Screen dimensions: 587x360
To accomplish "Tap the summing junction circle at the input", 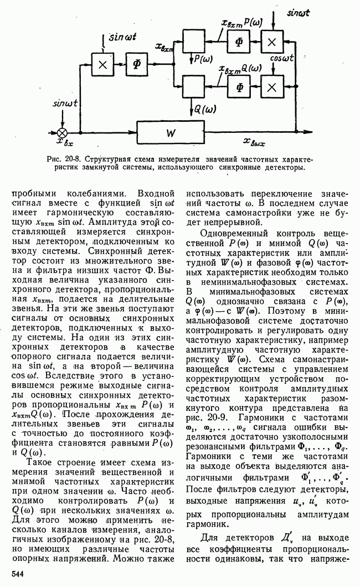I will point(63,133).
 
